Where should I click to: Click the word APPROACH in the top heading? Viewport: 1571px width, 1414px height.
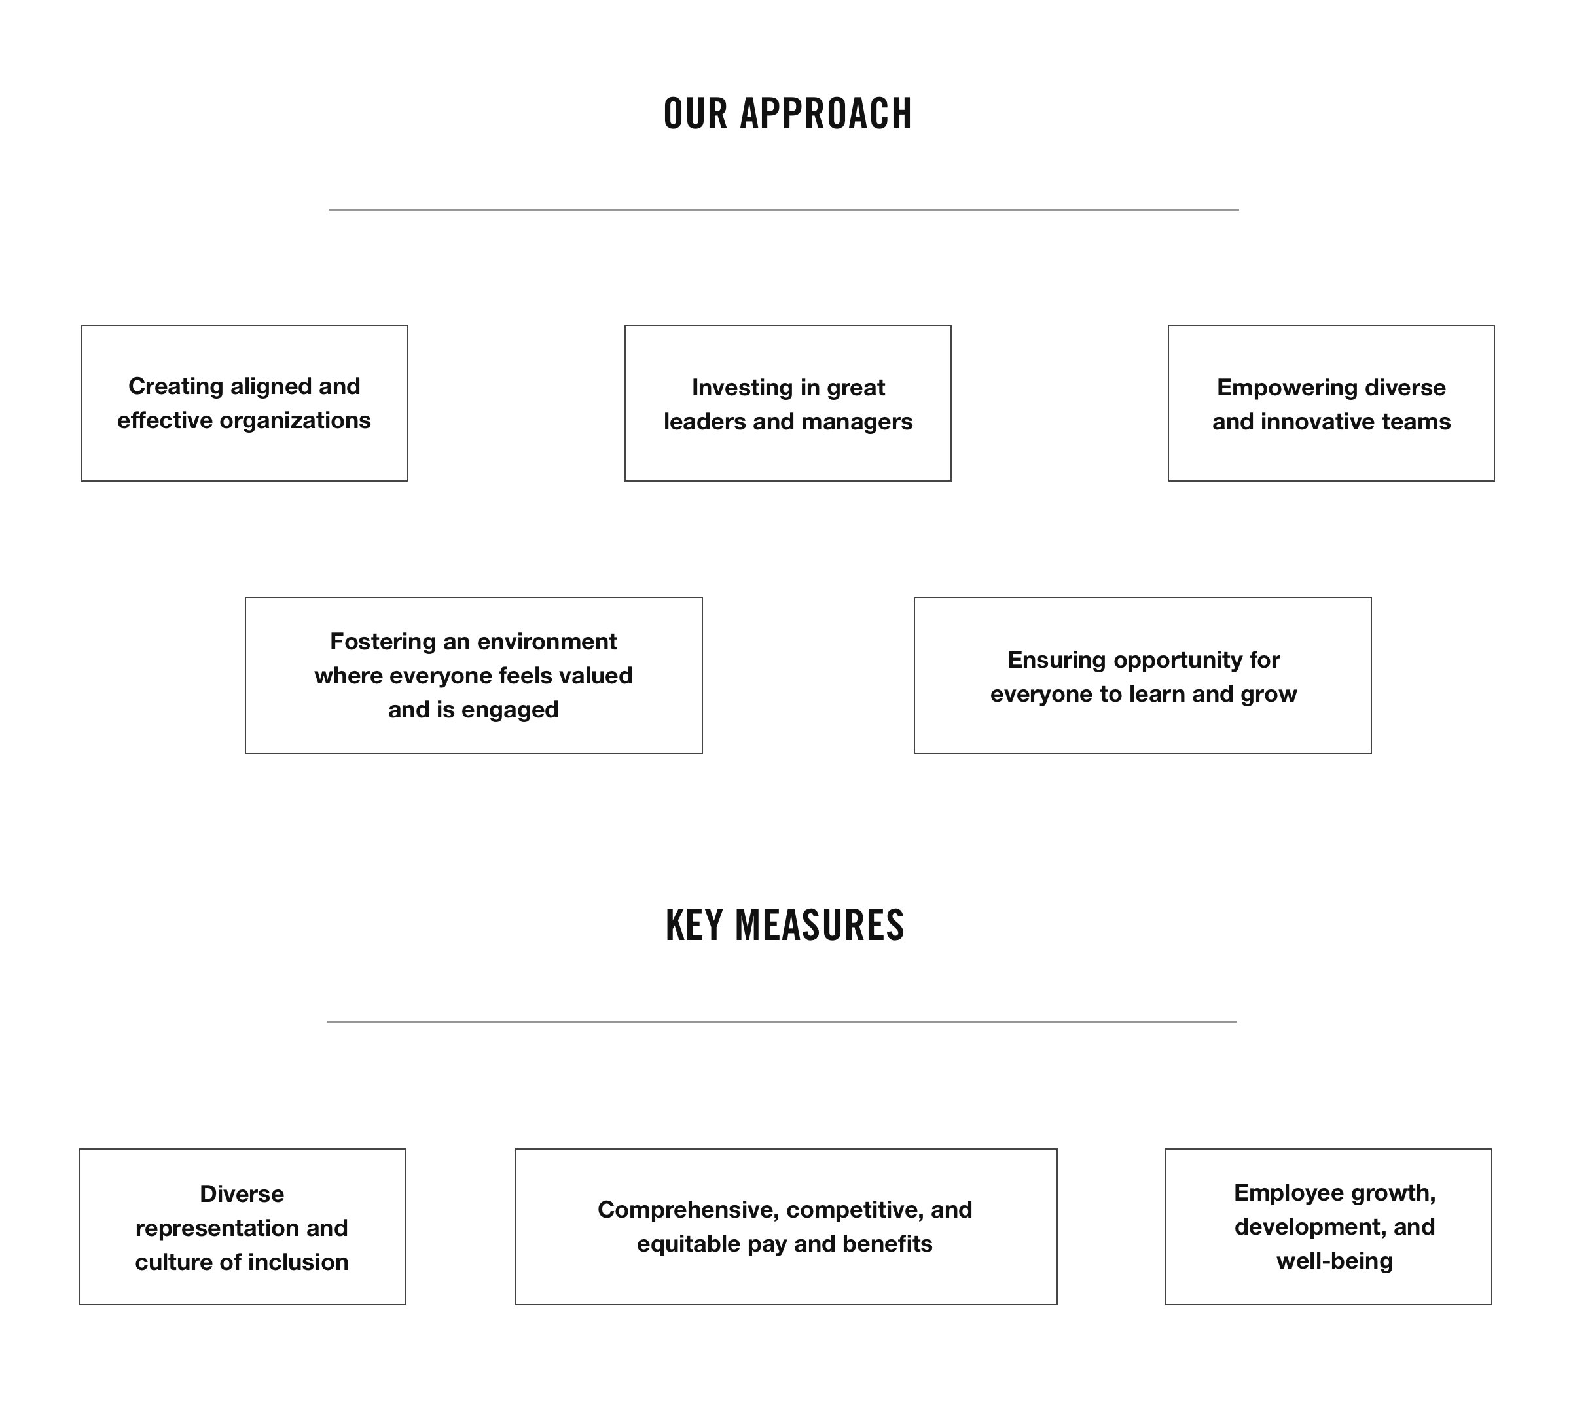click(x=825, y=113)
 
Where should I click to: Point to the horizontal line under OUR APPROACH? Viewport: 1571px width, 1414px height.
click(x=784, y=209)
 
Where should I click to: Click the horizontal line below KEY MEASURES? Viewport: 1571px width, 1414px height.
click(x=782, y=1022)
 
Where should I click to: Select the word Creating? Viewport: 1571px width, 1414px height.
click(x=175, y=387)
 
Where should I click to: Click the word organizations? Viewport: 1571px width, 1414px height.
click(x=295, y=421)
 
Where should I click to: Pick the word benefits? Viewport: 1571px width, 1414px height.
click(x=887, y=1244)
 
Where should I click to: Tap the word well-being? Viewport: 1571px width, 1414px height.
click(x=1335, y=1261)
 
